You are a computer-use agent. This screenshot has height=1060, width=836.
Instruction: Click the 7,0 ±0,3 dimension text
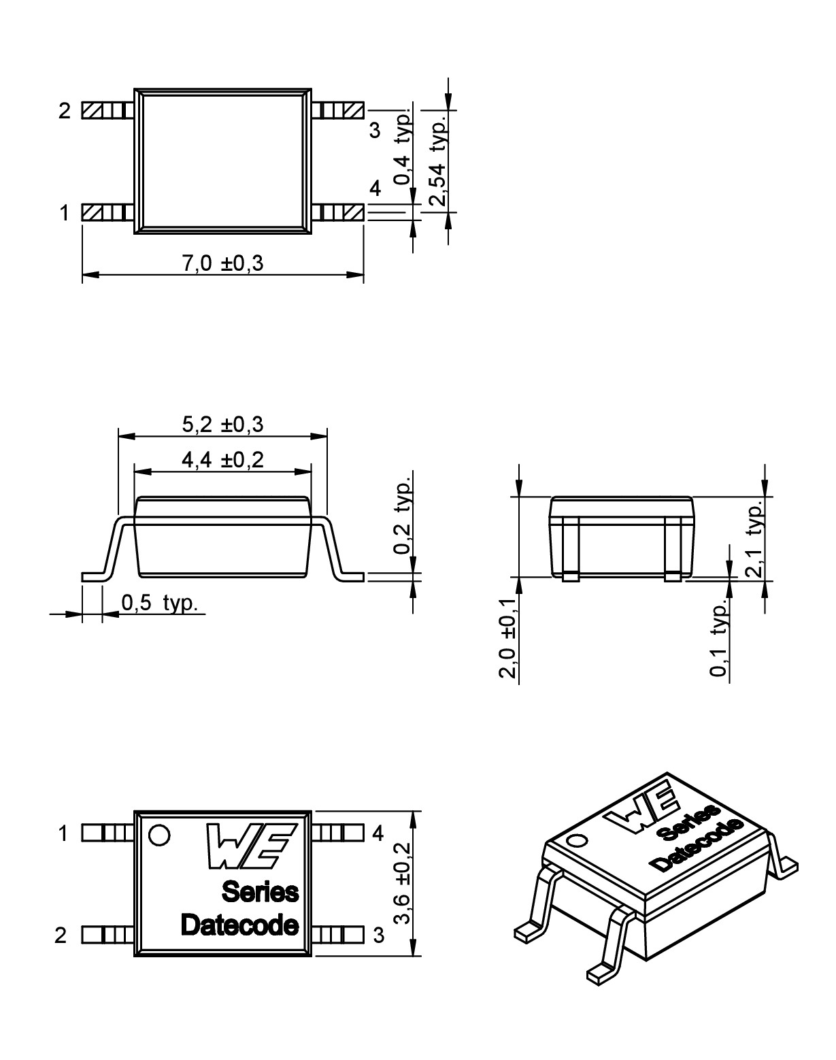[x=222, y=263]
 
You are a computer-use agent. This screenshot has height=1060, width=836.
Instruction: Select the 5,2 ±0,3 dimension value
[x=222, y=424]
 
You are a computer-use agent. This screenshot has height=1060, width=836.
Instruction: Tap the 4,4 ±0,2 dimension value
[x=222, y=460]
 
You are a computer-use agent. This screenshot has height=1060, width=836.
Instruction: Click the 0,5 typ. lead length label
[x=159, y=603]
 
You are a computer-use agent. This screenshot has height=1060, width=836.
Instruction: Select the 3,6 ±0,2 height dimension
[x=403, y=883]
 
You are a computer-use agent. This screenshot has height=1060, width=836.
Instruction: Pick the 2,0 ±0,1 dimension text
[x=507, y=638]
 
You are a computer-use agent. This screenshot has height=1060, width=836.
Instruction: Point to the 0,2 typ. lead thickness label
[x=403, y=515]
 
